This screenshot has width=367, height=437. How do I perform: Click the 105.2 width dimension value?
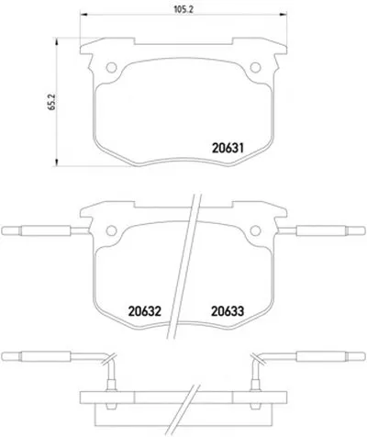183,9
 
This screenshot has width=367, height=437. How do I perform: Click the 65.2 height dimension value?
52,102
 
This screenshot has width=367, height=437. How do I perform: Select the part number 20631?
228,149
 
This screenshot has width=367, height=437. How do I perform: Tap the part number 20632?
145,311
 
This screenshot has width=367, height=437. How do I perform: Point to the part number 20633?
228,311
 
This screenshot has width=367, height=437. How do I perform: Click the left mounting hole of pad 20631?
112,67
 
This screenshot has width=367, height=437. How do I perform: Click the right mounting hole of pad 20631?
255,67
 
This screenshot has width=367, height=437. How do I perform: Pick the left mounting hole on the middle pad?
112,230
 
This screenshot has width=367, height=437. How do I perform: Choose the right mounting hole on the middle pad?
255,230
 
